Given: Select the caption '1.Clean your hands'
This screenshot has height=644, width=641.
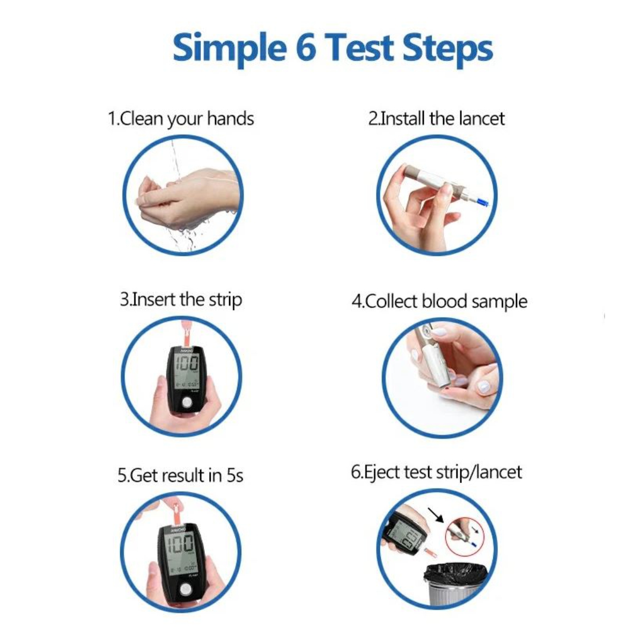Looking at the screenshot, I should coord(181,119).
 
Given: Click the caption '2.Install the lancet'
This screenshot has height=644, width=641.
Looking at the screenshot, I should coord(436,118).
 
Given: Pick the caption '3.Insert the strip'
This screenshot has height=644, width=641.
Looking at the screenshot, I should coord(181,299).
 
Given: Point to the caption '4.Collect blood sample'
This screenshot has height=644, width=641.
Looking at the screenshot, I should coord(439,301).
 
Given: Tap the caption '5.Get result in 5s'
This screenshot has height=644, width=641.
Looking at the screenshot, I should coord(180,475).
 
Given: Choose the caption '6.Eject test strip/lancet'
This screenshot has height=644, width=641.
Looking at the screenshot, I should coord(436,472).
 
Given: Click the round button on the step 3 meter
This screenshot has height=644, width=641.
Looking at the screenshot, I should coord(187,402).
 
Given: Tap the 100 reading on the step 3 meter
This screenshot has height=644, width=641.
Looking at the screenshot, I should coord(185,364).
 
